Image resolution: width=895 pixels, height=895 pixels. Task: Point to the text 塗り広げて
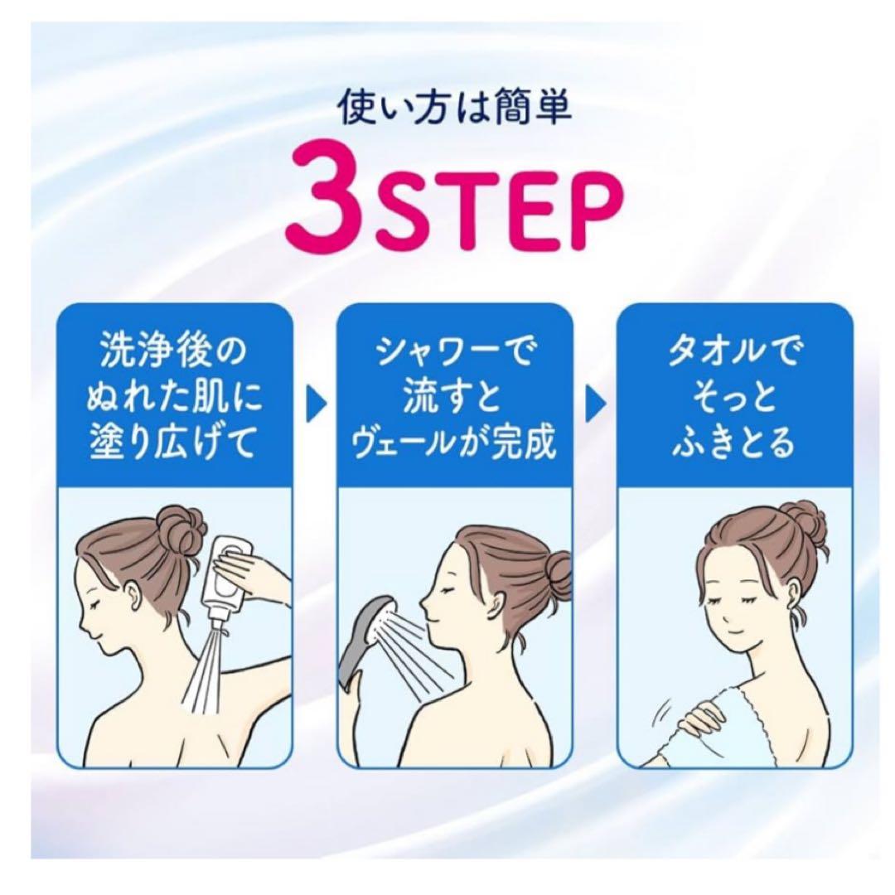[x=173, y=445]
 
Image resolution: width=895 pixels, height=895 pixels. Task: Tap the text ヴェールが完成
[x=455, y=445]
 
